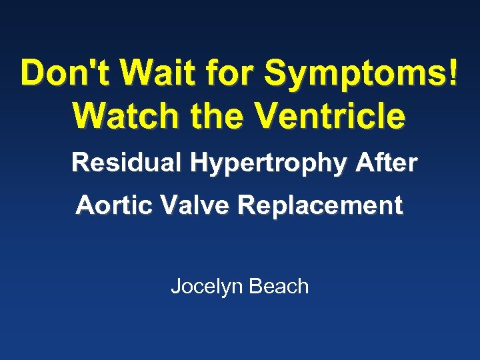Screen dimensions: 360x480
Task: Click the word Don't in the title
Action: coord(61,73)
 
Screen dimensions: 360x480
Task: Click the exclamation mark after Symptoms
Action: coord(453,73)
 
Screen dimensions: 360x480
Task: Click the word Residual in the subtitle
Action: coord(120,162)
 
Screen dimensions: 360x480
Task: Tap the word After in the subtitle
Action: coord(387,162)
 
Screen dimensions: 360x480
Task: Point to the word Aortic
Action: coord(109,205)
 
